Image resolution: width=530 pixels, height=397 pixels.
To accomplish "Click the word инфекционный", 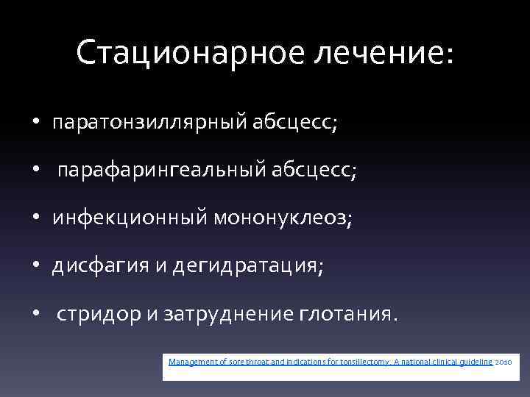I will tap(130, 218).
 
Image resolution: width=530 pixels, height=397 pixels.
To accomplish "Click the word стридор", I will tap(98, 315).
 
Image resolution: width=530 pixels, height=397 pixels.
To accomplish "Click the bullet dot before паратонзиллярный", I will tap(35, 123).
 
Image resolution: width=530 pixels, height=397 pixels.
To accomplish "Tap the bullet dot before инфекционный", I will tap(35, 218).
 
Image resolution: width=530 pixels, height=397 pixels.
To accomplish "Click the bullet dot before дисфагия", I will tap(35, 266).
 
